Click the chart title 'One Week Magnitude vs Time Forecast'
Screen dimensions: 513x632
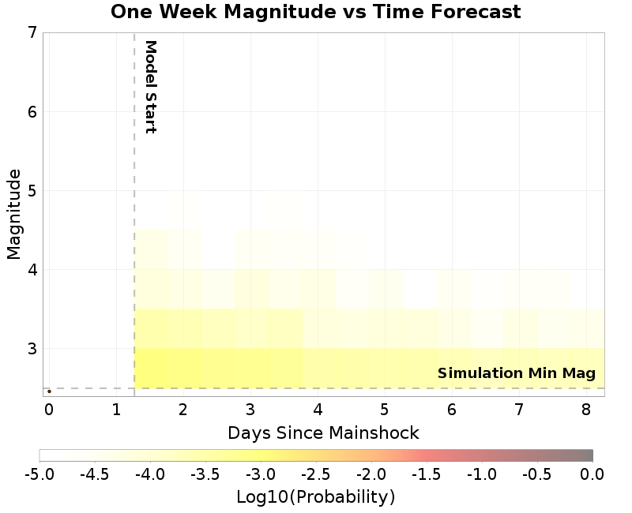(315, 12)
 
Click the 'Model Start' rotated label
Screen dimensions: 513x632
(150, 87)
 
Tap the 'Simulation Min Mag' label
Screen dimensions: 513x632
(516, 373)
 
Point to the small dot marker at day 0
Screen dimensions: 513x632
(49, 391)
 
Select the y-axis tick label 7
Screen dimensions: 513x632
(32, 32)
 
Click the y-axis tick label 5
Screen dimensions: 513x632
(32, 190)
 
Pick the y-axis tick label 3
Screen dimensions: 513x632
(32, 348)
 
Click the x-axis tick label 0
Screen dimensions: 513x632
(49, 410)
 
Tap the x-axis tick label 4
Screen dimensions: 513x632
(317, 410)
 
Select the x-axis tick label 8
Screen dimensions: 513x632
(585, 410)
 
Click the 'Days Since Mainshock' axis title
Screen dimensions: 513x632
(323, 432)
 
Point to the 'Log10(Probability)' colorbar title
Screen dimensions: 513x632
(315, 497)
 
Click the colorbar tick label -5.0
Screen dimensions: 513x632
(39, 474)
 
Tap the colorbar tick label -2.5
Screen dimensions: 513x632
(316, 474)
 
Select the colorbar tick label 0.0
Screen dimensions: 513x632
(592, 474)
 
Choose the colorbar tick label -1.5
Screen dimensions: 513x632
(427, 474)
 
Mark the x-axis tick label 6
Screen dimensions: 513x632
(451, 410)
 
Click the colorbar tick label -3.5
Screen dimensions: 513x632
(205, 474)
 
